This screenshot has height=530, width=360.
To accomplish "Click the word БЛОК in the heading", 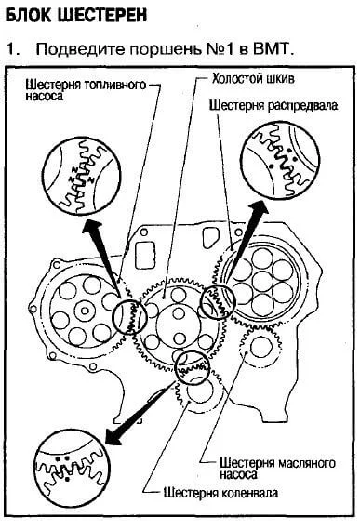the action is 29,15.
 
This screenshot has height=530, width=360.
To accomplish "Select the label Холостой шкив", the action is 253,78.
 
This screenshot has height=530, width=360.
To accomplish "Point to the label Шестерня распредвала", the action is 273,105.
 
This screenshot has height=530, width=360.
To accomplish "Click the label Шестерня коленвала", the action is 220,493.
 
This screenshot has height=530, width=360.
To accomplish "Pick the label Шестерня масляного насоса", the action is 277,468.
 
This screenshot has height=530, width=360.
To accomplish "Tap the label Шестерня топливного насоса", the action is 86,90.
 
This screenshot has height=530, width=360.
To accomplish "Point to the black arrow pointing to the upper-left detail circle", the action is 102,256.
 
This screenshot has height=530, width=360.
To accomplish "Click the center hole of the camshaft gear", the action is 262,281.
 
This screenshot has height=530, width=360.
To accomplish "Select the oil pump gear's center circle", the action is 260,347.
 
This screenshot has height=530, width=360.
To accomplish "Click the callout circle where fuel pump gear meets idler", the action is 129,317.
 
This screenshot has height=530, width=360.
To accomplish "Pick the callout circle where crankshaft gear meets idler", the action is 193,368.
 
